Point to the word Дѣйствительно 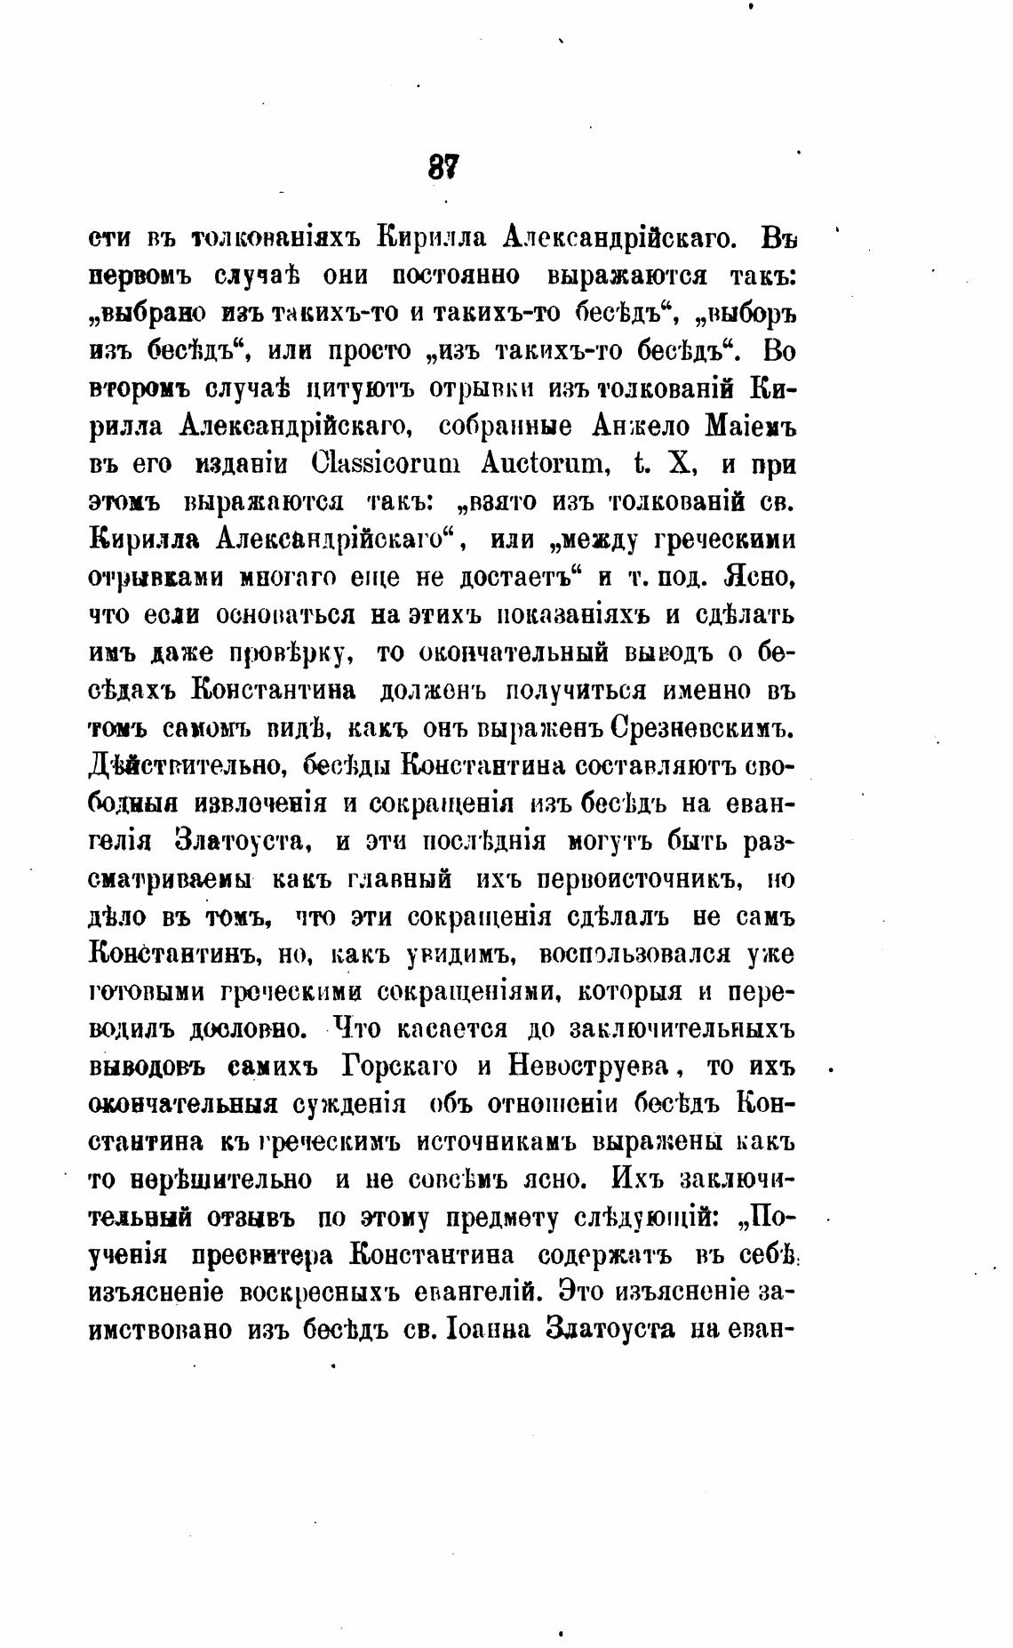(187, 765)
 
